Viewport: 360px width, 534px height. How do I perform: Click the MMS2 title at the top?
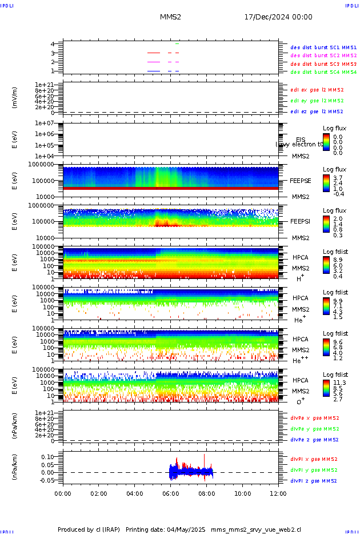(x=170, y=17)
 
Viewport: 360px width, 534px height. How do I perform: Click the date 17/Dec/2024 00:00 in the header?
(x=278, y=17)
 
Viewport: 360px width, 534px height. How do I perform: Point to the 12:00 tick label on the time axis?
(x=278, y=493)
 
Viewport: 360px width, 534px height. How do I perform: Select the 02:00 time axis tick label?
(x=99, y=493)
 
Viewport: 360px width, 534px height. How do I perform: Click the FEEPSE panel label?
(x=301, y=180)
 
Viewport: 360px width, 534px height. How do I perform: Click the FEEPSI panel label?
(x=301, y=221)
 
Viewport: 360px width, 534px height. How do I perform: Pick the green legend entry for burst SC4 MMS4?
(x=323, y=72)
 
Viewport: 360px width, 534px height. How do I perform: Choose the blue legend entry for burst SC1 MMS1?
(x=323, y=47)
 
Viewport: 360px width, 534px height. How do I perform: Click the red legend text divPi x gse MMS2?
(x=314, y=459)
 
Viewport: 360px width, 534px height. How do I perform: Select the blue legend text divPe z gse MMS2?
(x=314, y=440)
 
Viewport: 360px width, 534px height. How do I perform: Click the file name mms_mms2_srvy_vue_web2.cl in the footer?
(x=255, y=529)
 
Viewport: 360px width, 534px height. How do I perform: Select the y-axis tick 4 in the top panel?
(x=53, y=44)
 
